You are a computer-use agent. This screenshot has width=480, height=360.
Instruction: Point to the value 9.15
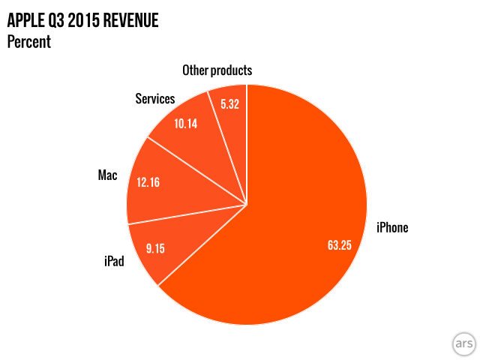pos(155,248)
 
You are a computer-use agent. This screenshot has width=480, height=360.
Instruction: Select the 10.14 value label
pos(184,124)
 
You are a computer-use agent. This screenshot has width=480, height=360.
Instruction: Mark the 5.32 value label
pos(229,105)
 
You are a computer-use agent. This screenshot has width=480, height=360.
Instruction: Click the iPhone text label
pos(391,227)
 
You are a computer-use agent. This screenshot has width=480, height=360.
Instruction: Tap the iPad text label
pos(114,262)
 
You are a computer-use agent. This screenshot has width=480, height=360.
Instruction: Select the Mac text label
pos(107,175)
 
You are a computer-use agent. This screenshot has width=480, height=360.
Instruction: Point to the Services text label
pos(154,99)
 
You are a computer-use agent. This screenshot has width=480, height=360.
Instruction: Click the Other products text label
pos(217,70)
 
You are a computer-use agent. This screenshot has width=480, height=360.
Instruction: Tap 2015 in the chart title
pos(80,20)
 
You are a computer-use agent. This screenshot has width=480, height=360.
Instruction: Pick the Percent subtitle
pos(28,41)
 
